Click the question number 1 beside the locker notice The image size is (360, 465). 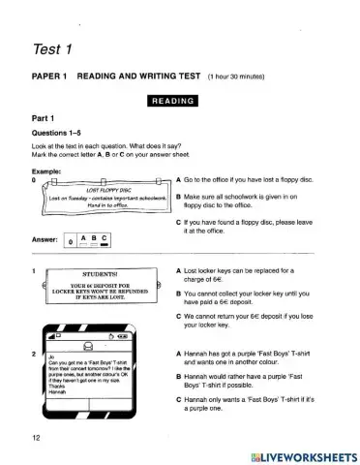click(34, 270)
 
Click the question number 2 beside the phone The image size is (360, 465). click(34, 355)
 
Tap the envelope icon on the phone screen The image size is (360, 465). click(89, 347)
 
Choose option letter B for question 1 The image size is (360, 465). click(180, 291)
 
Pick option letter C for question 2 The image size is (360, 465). click(180, 400)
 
